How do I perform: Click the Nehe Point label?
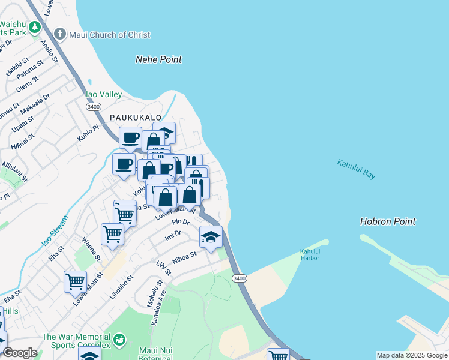pyautogui.click(x=158, y=59)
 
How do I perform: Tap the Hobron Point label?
pyautogui.click(x=387, y=221)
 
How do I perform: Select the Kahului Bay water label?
pyautogui.click(x=356, y=169)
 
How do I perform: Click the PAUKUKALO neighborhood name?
pyautogui.click(x=135, y=118)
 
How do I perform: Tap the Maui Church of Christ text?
pyautogui.click(x=109, y=35)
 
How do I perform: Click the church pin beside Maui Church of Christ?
pyautogui.click(x=60, y=35)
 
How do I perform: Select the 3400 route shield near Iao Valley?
pyautogui.click(x=93, y=106)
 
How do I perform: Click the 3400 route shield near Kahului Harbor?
pyautogui.click(x=240, y=278)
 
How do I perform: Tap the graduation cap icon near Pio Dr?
pyautogui.click(x=211, y=236)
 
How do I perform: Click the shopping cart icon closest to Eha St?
pyautogui.click(x=75, y=280)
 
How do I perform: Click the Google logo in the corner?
pyautogui.click(x=20, y=353)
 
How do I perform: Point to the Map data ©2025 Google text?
pyautogui.click(x=411, y=355)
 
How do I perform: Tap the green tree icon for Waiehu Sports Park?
pyautogui.click(x=35, y=27)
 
